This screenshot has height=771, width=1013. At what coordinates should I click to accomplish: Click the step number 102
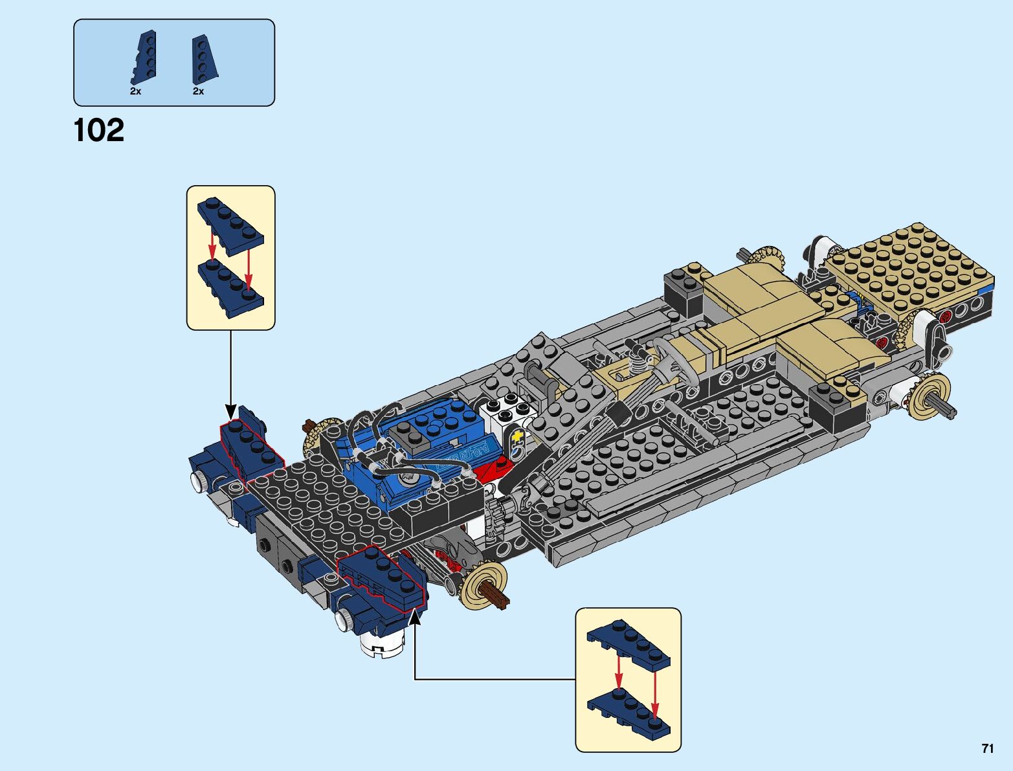99,130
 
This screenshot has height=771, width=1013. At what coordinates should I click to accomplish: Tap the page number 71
987,748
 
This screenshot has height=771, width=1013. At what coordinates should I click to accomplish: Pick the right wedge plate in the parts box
203,59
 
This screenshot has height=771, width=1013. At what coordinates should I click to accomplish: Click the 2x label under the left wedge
135,91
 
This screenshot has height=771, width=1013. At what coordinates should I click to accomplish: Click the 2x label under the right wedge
198,91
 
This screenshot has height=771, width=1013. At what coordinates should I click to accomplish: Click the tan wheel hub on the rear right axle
930,396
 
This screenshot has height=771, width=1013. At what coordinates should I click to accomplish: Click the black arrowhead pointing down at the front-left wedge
230,412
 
